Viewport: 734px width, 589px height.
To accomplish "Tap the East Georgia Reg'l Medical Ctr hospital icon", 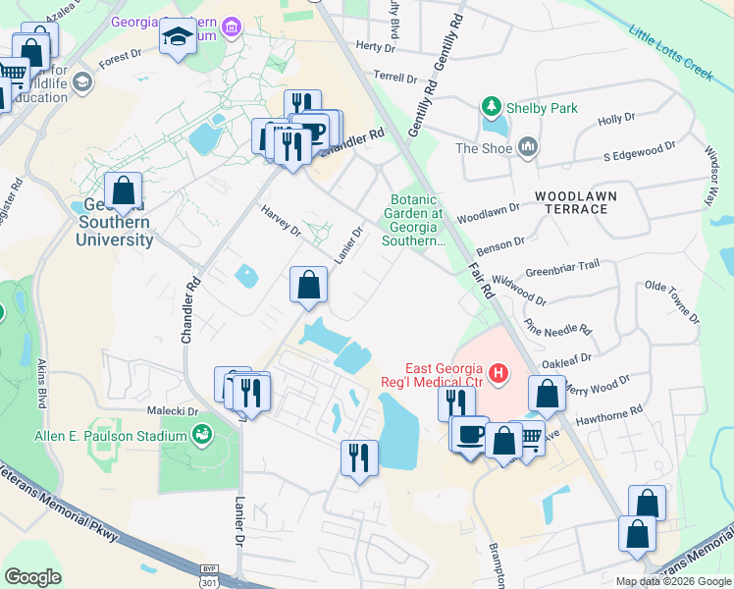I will pos(498,373).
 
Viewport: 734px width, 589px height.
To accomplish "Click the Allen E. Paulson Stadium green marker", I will pos(202,432).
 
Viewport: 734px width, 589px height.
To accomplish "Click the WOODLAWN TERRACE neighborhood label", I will pos(576,203).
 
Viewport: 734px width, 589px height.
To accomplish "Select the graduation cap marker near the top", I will pos(178,36).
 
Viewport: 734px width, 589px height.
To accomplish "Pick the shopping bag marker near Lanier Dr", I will pos(308,286).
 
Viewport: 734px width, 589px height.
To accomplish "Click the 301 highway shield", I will pos(208,581).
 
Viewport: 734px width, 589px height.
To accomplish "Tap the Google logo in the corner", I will pos(32,577).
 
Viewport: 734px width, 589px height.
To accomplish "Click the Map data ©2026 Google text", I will pos(672,581).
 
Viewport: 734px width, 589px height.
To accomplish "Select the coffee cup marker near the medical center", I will pos(469,433).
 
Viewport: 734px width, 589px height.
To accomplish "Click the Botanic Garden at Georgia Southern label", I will pos(418,219).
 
